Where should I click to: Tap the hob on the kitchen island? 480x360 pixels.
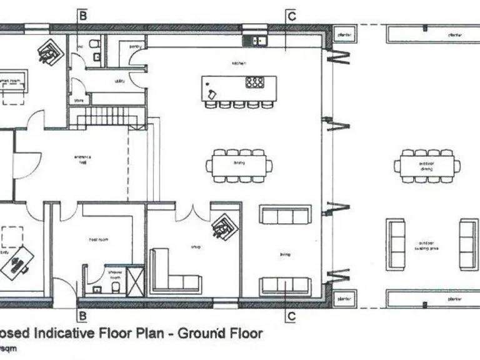click(x=254, y=82)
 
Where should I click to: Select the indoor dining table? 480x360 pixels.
click(x=239, y=165)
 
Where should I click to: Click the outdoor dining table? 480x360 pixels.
click(x=427, y=166)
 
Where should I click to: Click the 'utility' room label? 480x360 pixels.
click(x=120, y=81)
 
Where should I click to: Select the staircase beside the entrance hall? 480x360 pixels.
click(x=107, y=117)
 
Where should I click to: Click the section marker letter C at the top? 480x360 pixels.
click(x=291, y=16)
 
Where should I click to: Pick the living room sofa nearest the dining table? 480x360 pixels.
click(x=285, y=215)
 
